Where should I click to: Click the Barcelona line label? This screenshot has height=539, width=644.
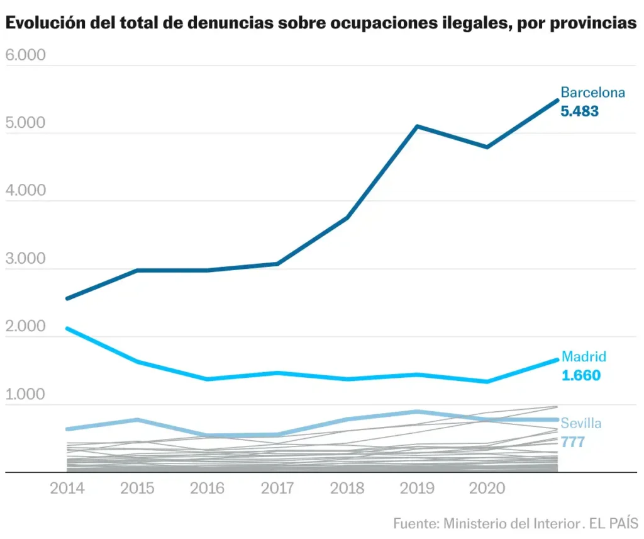coord(592,93)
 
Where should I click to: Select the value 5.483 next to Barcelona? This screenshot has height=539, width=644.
coord(579,111)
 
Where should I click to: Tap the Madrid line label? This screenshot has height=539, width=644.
coord(584,356)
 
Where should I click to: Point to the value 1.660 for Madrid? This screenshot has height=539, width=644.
coord(580,376)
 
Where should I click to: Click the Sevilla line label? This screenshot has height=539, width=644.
coord(580,423)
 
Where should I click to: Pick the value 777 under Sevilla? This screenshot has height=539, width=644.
coord(573,442)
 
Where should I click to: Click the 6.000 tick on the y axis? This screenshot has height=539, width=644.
coord(26,55)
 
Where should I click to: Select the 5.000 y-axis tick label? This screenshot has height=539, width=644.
coord(26,123)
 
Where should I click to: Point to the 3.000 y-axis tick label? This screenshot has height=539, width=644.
coord(26,259)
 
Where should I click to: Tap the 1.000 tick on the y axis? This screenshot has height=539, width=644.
coord(26,395)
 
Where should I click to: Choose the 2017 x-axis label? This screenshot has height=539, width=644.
coord(277,489)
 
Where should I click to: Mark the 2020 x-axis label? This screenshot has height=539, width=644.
coord(487,489)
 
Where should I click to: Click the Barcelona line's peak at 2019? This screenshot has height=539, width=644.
coord(417,127)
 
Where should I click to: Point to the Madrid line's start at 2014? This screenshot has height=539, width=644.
coord(67,328)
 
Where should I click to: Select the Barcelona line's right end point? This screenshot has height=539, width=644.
coord(557,100)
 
